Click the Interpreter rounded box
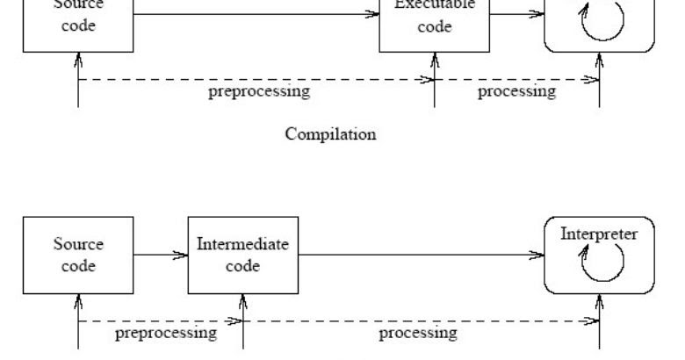pos(600,256)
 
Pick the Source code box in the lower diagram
pos(79,256)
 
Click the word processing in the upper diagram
pos(516,92)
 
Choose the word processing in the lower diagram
pos(417,334)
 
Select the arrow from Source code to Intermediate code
pos(162,256)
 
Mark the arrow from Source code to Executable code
pos(255,13)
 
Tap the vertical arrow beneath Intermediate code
pos(242,320)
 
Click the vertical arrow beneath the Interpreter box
pos(600,320)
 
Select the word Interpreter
pos(600,234)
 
